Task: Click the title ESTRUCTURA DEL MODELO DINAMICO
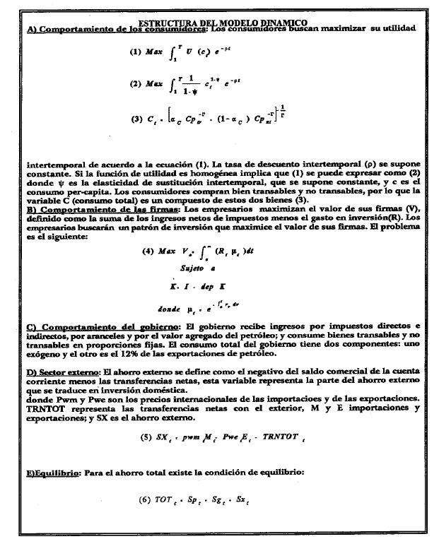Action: tap(223, 23)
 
